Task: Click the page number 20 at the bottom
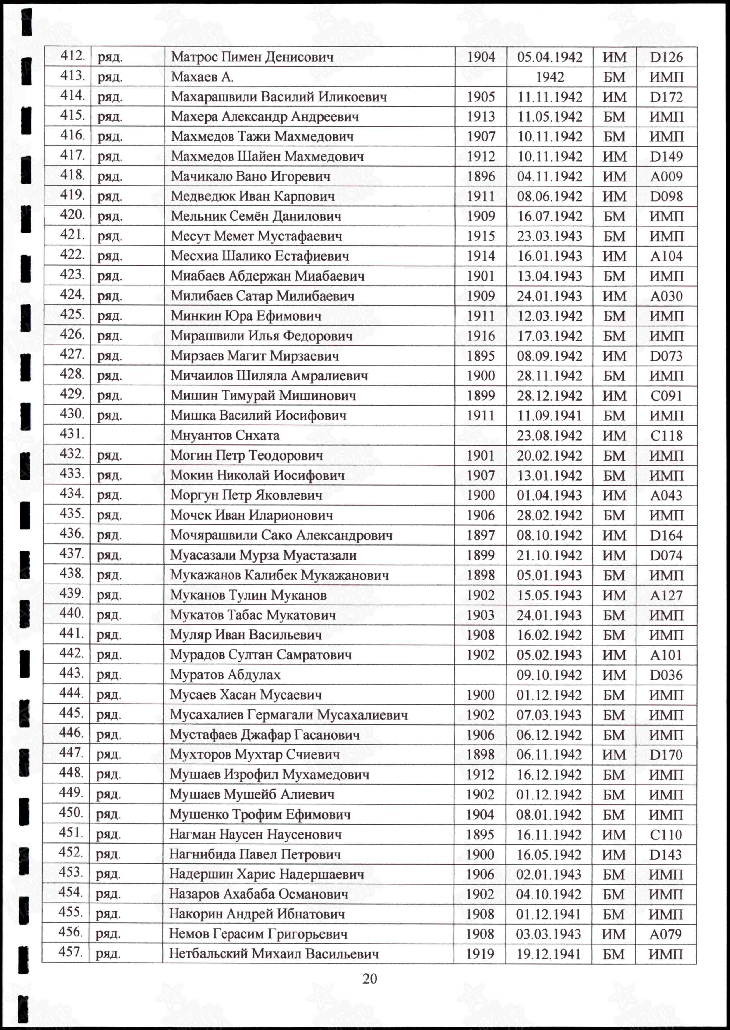369,978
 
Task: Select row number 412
72,56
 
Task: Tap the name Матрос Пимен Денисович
252,57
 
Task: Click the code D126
666,57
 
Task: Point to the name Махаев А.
202,77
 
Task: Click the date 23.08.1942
549,435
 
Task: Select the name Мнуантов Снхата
225,435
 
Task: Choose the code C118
666,435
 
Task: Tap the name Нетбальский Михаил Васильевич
274,954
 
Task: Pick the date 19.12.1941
549,954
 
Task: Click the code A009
666,176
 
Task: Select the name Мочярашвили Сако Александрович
281,535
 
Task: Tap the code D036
666,675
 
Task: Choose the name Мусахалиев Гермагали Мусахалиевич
289,714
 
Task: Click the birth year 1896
480,176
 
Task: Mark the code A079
665,934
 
